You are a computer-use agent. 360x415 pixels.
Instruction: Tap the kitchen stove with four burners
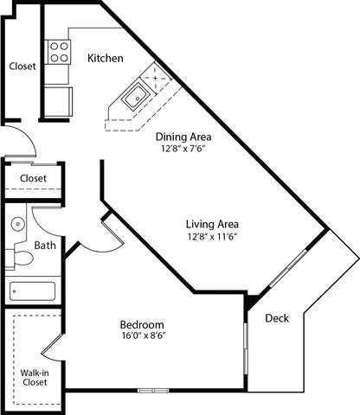pos(59,53)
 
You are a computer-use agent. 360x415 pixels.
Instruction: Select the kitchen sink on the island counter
pos(136,97)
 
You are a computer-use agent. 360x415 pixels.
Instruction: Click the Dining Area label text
pos(183,136)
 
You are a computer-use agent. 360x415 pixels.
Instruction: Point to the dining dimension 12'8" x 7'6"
pos(183,148)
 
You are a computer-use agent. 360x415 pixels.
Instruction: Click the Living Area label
pos(212,220)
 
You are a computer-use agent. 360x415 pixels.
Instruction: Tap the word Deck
pos(276,317)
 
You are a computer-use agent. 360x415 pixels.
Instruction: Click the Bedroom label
pos(142,325)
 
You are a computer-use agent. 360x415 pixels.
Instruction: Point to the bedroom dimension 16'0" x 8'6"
pos(142,338)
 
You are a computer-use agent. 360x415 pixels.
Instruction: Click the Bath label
pos(44,245)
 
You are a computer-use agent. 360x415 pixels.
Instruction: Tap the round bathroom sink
pos(17,224)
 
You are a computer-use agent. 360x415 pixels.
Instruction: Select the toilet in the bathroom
pos(19,258)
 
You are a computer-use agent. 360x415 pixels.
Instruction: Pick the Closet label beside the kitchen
pos(22,67)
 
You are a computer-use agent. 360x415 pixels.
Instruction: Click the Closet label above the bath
pos(33,178)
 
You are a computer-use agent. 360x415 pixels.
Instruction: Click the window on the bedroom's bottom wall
pos(154,390)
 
